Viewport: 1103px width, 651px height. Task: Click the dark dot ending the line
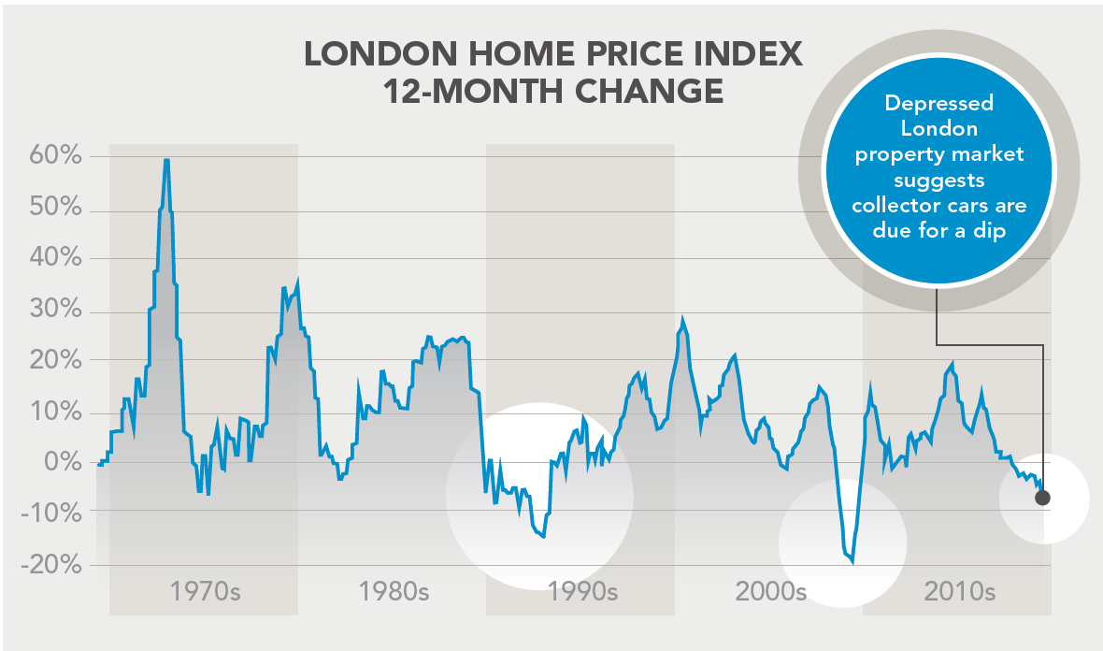click(1042, 498)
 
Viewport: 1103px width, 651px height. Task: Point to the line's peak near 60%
click(166, 160)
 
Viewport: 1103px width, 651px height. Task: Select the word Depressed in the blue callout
click(938, 103)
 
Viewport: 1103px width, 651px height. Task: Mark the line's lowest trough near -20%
click(852, 561)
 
